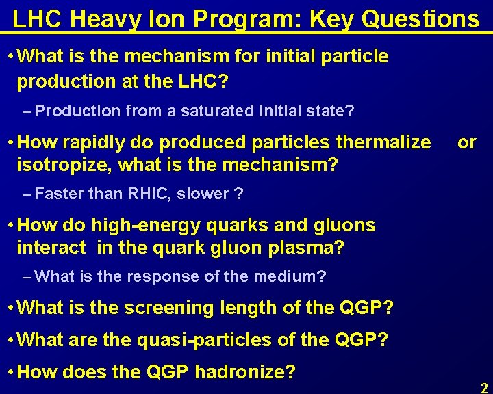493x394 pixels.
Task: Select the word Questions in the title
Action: [x=420, y=18]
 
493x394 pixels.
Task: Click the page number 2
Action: [x=484, y=387]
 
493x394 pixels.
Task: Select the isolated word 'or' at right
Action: [x=467, y=142]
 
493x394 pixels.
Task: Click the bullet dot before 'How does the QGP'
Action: [x=9, y=372]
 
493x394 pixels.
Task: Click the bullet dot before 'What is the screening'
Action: [x=9, y=308]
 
